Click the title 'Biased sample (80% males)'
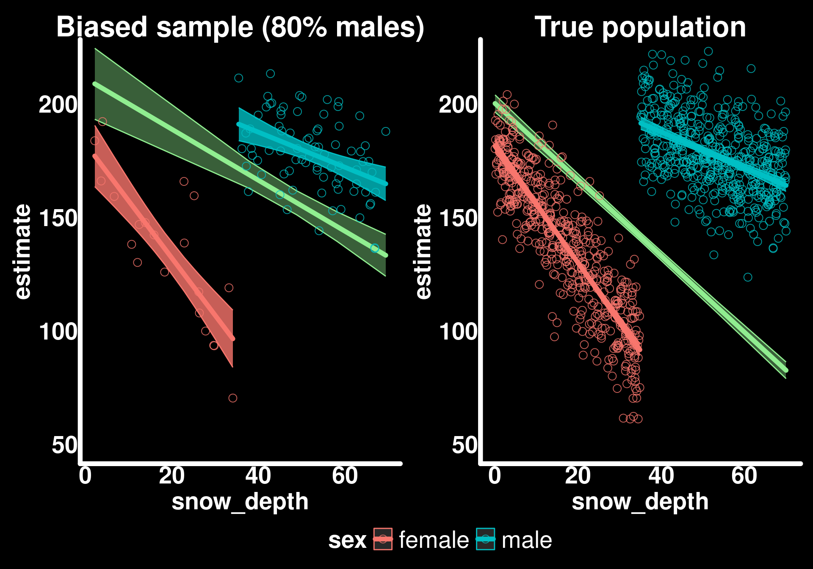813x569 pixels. (x=240, y=27)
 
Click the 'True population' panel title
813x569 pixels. (x=640, y=27)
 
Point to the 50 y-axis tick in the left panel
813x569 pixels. (x=64, y=445)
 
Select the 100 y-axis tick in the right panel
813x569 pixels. (x=458, y=331)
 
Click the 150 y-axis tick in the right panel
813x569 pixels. (x=458, y=218)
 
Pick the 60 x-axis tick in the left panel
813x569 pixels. (x=345, y=476)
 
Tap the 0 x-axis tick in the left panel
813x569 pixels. (x=85, y=476)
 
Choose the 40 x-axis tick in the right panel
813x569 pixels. (x=661, y=476)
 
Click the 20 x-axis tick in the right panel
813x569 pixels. (x=578, y=476)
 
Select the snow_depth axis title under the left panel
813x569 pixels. (x=240, y=502)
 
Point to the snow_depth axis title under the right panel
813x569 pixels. (x=640, y=502)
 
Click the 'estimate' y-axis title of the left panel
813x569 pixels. (x=23, y=251)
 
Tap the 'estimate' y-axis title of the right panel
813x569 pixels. (x=423, y=251)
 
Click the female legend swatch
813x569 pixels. (x=383, y=539)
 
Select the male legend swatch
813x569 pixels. (x=485, y=539)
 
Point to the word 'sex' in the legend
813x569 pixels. (x=347, y=540)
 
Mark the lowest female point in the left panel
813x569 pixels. (x=232, y=398)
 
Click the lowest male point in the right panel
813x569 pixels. (x=748, y=277)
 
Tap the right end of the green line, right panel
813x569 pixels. (x=786, y=370)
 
